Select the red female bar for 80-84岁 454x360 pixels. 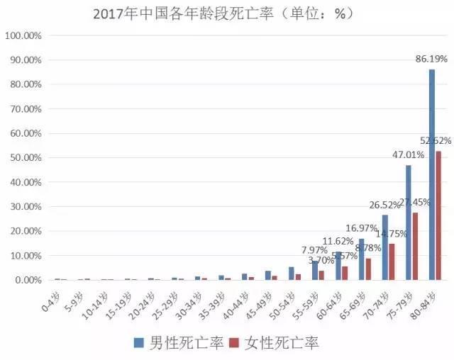pyautogui.click(x=438, y=215)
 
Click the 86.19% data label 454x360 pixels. pyautogui.click(x=432, y=60)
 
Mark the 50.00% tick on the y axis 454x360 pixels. pyautogui.click(x=26, y=157)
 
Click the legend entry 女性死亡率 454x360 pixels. pyautogui.click(x=280, y=344)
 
